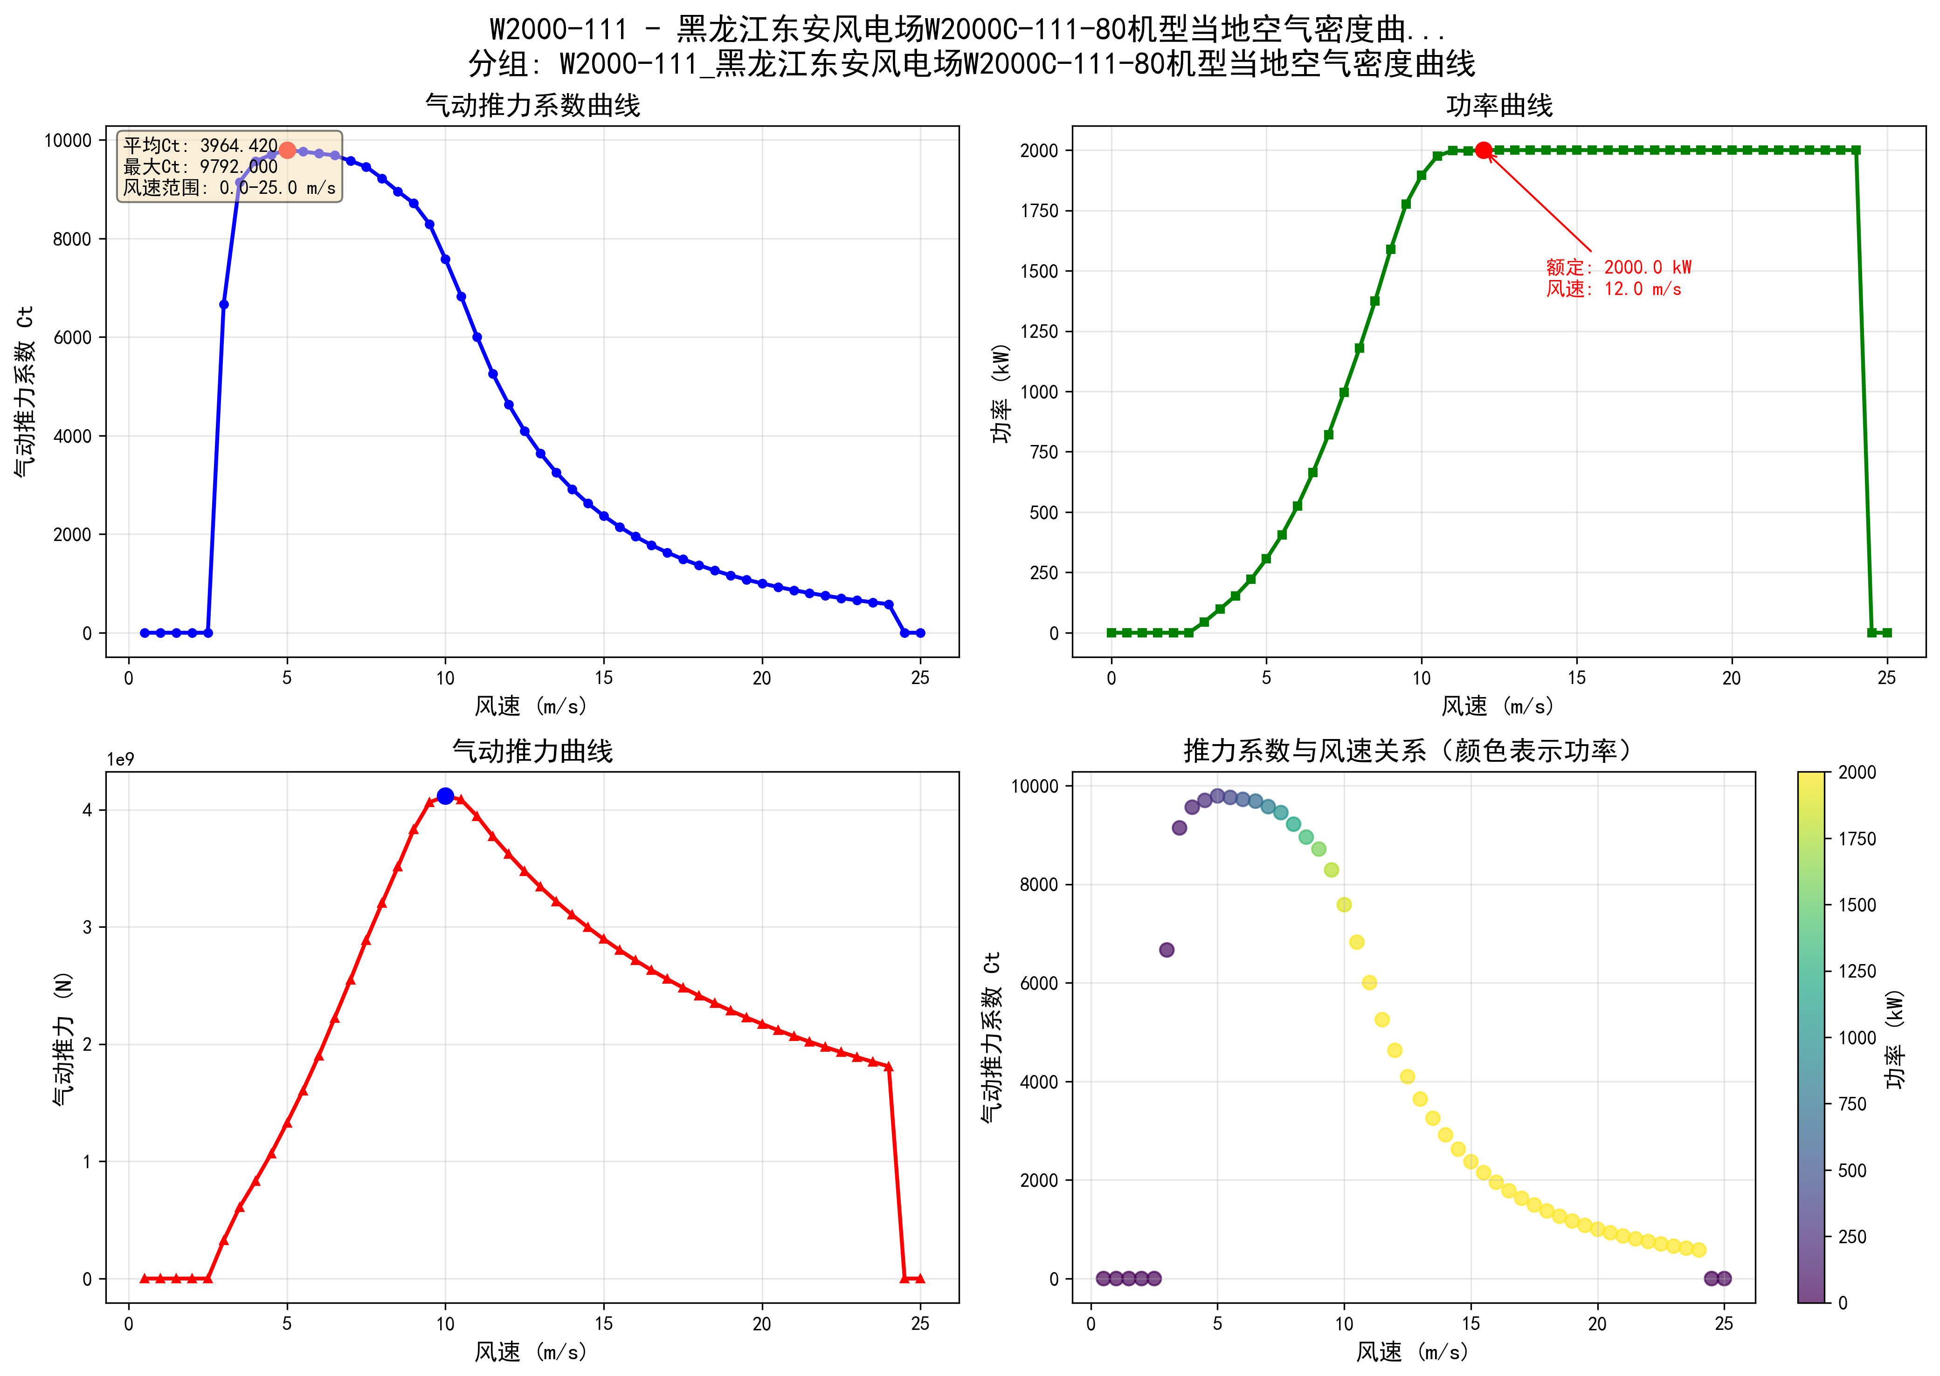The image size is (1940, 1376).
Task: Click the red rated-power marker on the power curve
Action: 1483,150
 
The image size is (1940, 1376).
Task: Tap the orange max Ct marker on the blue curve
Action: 287,150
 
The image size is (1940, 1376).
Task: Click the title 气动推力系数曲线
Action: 532,106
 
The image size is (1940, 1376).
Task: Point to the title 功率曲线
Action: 1498,106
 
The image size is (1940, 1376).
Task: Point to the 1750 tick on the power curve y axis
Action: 1040,211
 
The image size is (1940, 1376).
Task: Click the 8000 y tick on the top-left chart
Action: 72,239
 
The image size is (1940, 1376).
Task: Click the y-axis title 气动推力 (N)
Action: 63,1038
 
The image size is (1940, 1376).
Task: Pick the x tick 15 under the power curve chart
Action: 1576,678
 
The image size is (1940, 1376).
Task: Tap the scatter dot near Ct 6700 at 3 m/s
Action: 1166,950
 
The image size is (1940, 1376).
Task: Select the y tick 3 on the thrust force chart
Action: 87,927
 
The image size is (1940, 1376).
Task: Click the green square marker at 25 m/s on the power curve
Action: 1886,633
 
